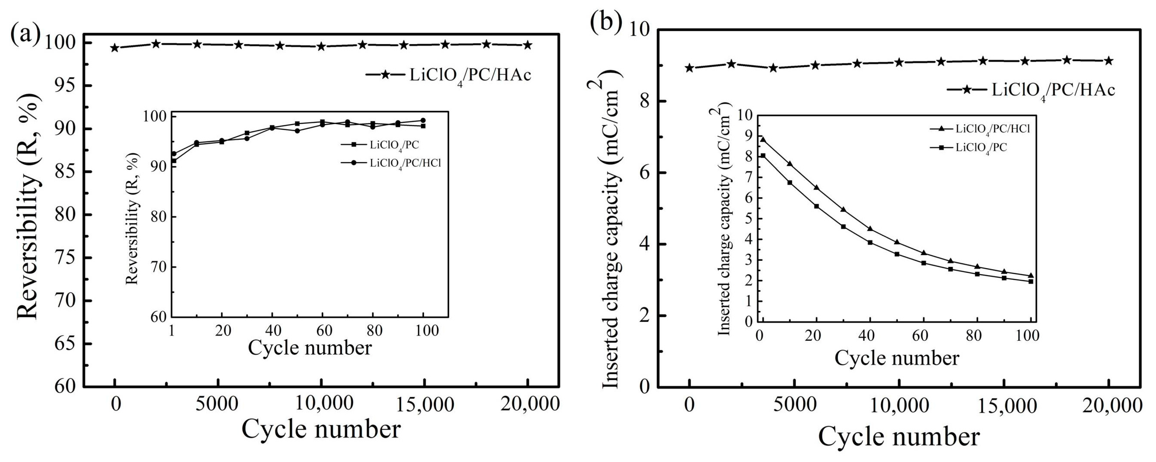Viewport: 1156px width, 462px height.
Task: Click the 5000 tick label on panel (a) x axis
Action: click(218, 404)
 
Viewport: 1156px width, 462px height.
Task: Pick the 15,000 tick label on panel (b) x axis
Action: click(1004, 407)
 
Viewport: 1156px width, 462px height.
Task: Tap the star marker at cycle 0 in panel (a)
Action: click(115, 48)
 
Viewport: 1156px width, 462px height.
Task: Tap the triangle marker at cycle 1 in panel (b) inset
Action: click(763, 140)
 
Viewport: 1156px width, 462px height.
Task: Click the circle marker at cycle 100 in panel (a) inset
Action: click(423, 120)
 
